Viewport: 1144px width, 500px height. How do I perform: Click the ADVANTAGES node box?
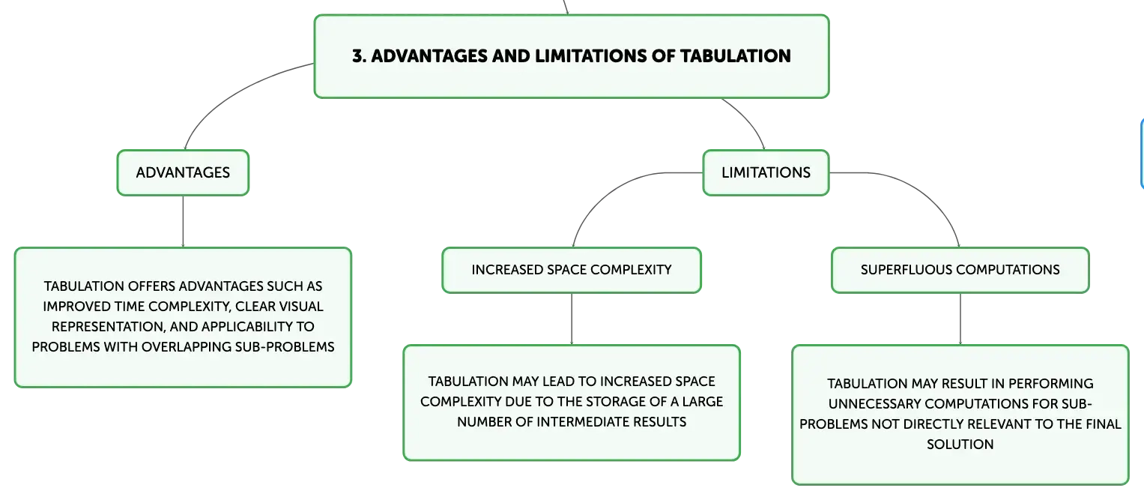tap(183, 173)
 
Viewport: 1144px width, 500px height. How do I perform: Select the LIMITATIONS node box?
tap(766, 173)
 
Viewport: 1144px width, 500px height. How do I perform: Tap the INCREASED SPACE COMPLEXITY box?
tap(572, 270)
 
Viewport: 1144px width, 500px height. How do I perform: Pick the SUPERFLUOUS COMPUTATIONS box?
tap(960, 270)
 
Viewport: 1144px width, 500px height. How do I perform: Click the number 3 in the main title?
tap(359, 55)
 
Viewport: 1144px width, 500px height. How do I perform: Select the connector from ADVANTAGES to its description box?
tap(183, 221)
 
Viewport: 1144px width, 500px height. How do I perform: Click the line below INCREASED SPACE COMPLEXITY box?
tap(572, 319)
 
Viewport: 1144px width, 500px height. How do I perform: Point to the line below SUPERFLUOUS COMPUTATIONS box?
tap(960, 319)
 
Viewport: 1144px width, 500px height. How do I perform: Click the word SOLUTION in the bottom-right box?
tap(960, 445)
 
